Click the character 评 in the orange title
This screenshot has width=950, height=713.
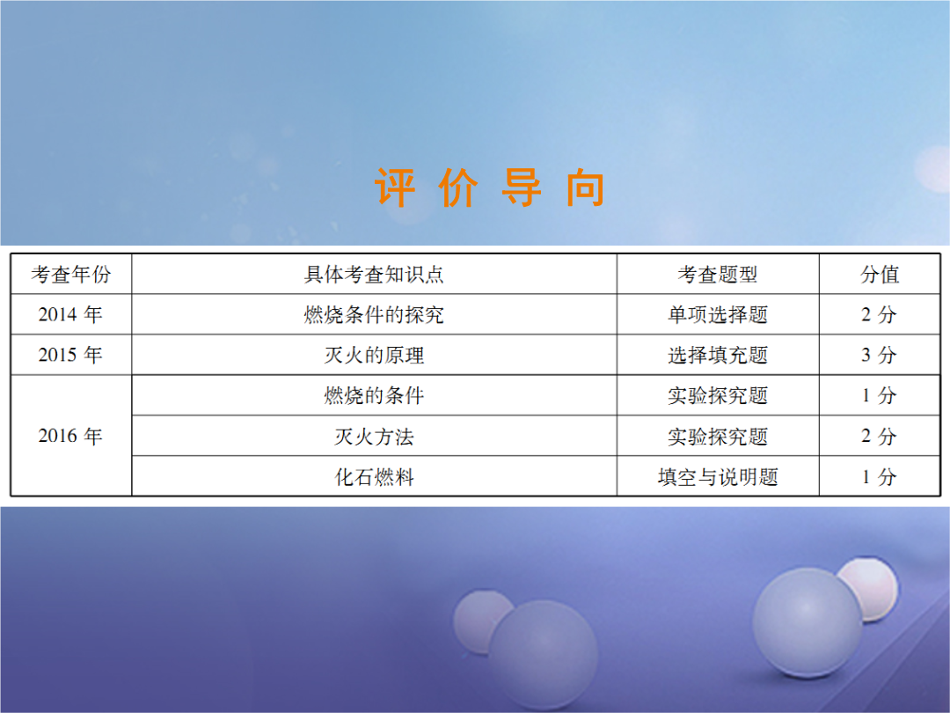coord(395,187)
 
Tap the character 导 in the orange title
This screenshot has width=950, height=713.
coord(522,187)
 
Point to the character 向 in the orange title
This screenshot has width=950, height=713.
coord(585,188)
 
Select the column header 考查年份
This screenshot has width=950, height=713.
coord(71,275)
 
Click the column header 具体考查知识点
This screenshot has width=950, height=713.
coord(374,275)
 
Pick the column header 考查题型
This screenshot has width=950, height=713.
coord(718,275)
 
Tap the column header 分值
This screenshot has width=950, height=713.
coord(879,275)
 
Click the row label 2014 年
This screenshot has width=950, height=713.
coord(70,314)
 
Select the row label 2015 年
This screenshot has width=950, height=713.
coord(70,355)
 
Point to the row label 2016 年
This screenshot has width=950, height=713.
coord(70,436)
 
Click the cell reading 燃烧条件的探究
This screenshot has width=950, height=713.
coord(374,314)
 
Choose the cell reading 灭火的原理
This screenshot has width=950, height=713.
coord(374,356)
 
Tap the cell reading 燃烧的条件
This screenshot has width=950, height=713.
coord(374,396)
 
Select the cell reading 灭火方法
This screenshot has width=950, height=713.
coord(374,437)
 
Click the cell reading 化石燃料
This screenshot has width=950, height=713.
coord(374,477)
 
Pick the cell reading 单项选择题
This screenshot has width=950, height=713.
coord(718,314)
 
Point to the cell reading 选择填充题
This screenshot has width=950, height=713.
coord(718,356)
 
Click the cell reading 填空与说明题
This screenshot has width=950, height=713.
coord(718,477)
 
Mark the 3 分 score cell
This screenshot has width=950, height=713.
coord(879,355)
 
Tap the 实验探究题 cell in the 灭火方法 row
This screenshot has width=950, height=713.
coord(718,437)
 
